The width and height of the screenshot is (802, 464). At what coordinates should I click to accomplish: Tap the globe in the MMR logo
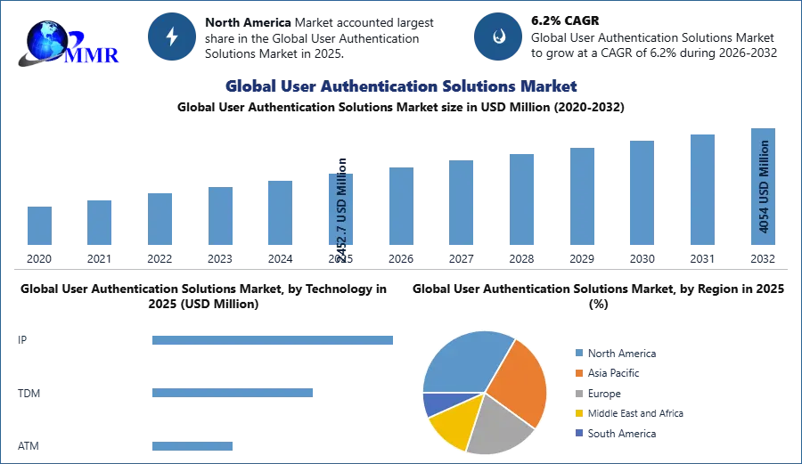click(46, 41)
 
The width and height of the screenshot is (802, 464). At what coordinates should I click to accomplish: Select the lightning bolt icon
click(173, 37)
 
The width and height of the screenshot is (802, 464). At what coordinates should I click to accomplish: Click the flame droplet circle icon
click(498, 37)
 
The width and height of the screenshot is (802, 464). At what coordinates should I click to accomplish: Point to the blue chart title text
click(399, 86)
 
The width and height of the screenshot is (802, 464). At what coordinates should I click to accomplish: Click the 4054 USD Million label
click(764, 186)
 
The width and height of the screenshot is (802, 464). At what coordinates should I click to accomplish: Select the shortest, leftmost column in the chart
click(39, 227)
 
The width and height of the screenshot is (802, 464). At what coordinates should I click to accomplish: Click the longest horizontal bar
click(274, 342)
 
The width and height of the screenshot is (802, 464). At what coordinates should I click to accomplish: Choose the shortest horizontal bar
click(192, 448)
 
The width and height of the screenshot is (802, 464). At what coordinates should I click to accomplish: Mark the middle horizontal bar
click(232, 392)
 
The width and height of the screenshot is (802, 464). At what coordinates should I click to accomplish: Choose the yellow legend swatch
click(579, 413)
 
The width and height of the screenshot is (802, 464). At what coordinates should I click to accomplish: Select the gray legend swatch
click(579, 393)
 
